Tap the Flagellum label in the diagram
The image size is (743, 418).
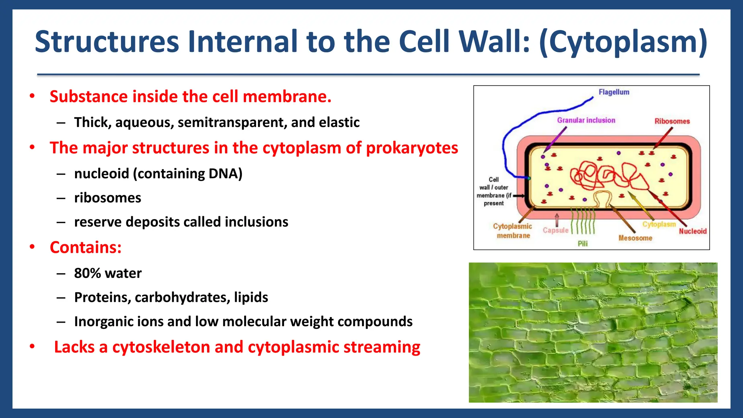pos(614,92)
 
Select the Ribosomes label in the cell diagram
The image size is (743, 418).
pos(672,121)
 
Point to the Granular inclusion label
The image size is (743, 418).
pos(586,120)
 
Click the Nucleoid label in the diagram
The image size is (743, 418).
pos(693,231)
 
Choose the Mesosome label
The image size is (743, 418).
pos(635,238)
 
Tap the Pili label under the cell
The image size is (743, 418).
pos(583,243)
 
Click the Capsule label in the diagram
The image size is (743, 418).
pos(555,230)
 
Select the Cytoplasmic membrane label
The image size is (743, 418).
pos(513,231)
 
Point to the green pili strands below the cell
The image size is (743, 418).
pos(583,221)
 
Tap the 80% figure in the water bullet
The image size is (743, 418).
pos(87,273)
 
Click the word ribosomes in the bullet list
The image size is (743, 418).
pos(107,198)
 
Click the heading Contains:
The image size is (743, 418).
pos(86,247)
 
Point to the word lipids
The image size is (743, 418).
pos(251,297)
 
